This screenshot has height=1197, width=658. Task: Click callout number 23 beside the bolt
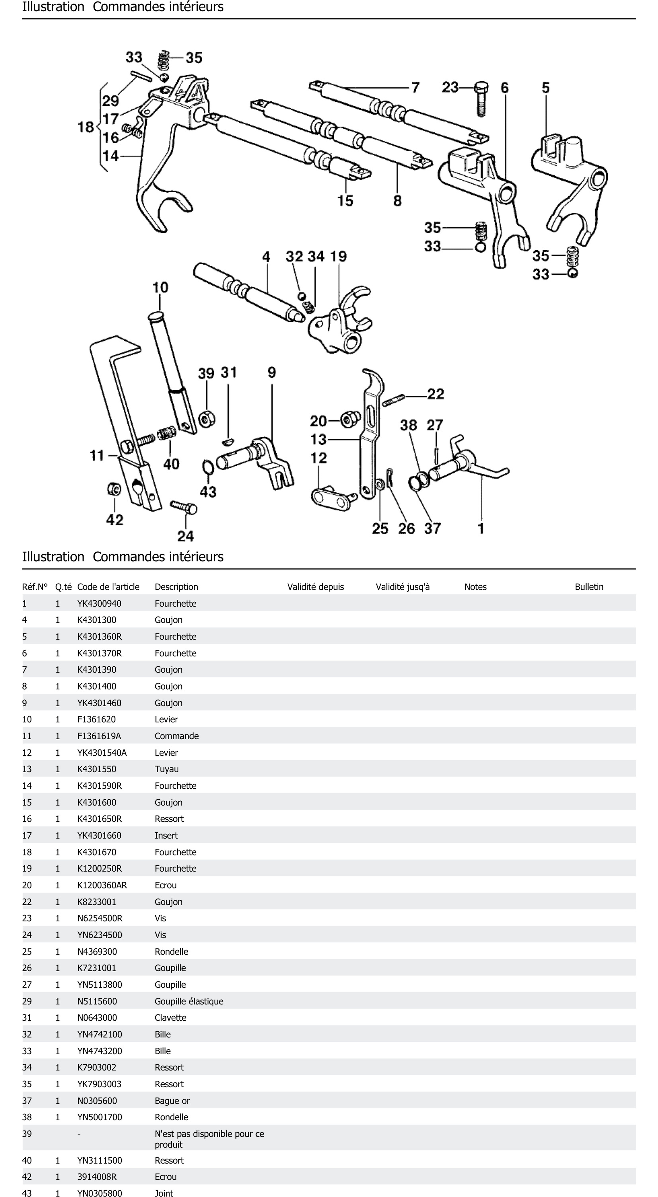pyautogui.click(x=450, y=87)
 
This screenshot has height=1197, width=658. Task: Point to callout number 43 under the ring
pyautogui.click(x=208, y=492)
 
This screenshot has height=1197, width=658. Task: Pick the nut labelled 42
pyautogui.click(x=113, y=489)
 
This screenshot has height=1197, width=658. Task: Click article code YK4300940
pyautogui.click(x=99, y=604)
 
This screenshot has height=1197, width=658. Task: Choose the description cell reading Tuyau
pyautogui.click(x=166, y=769)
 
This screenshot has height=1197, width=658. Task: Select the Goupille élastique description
pyautogui.click(x=189, y=1001)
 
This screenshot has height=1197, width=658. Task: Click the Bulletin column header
pyautogui.click(x=589, y=587)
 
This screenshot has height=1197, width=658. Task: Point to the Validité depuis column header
pyautogui.click(x=315, y=587)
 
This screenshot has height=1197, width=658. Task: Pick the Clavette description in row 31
pyautogui.click(x=170, y=1018)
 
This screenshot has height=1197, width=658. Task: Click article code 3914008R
pyautogui.click(x=97, y=1177)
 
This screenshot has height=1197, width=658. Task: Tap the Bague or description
pyautogui.click(x=172, y=1101)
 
